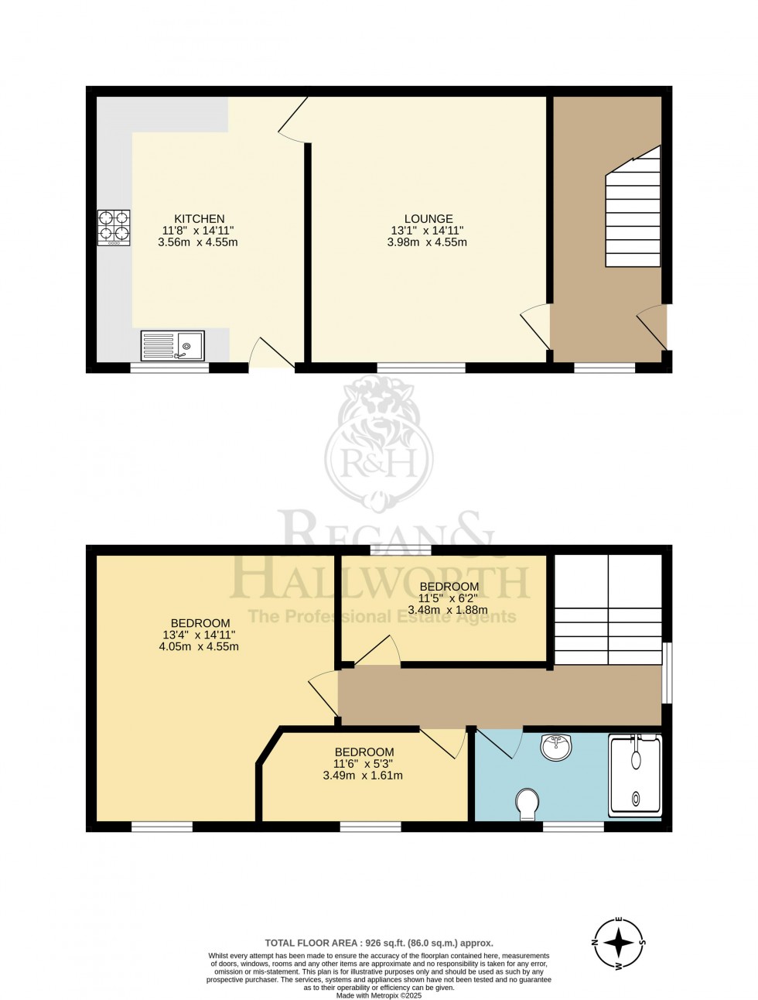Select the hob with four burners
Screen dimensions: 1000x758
tap(114, 228)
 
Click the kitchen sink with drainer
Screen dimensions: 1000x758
tap(172, 345)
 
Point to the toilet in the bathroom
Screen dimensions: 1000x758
tap(529, 803)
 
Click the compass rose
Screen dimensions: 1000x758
tap(619, 943)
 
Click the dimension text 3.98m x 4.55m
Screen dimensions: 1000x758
tap(427, 242)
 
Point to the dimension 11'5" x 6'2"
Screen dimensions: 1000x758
tap(449, 598)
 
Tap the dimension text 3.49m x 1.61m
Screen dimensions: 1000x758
tap(364, 775)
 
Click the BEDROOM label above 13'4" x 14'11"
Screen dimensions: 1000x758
tap(200, 623)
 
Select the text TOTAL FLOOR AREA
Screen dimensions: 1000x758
tap(312, 943)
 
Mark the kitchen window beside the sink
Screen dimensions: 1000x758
tap(169, 368)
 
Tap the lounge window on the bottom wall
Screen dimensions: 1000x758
tap(421, 368)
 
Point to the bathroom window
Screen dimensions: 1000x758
tap(572, 827)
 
